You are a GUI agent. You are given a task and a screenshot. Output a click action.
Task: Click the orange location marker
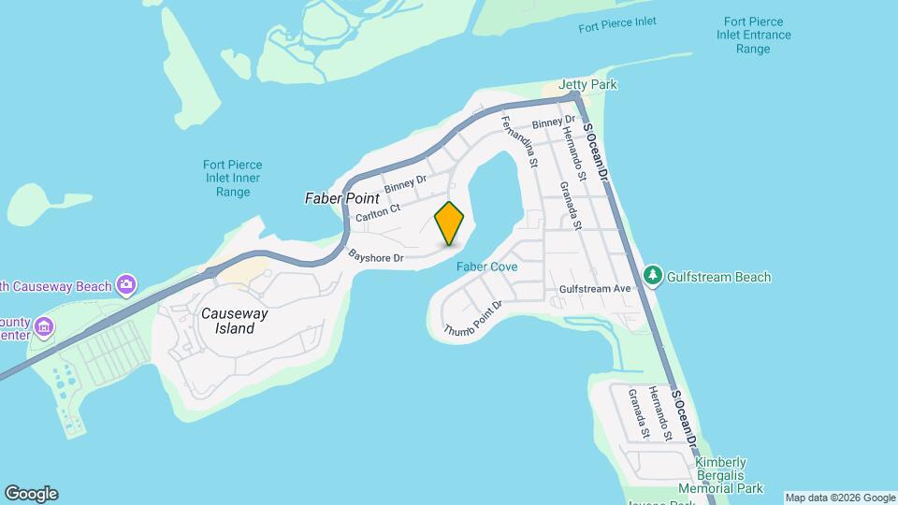pyautogui.click(x=449, y=224)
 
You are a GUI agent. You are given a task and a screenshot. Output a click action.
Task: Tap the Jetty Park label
pyautogui.click(x=588, y=85)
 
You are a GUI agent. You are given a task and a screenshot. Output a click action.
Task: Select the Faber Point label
pyautogui.click(x=342, y=198)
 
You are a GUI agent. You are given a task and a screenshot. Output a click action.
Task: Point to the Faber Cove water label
pyautogui.click(x=486, y=267)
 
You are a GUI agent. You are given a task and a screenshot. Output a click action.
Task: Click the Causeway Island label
pyautogui.click(x=234, y=321)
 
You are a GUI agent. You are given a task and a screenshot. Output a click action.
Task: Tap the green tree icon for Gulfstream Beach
pyautogui.click(x=653, y=276)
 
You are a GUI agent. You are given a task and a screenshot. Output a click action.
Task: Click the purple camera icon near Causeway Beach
pyautogui.click(x=126, y=284)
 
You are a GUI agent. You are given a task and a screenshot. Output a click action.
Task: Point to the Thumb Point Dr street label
pyautogui.click(x=473, y=319)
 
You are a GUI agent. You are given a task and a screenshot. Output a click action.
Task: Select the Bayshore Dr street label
pyautogui.click(x=375, y=255)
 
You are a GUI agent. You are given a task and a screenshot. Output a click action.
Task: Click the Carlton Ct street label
pyautogui.click(x=378, y=213)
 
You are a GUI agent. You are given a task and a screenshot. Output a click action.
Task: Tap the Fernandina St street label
pyautogui.click(x=520, y=143)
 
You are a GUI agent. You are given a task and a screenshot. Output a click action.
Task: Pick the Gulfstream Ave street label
pyautogui.click(x=595, y=290)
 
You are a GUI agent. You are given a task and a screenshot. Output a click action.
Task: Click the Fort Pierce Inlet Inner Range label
pyautogui.click(x=232, y=179)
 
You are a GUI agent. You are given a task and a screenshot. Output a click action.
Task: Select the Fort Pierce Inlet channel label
pyautogui.click(x=617, y=22)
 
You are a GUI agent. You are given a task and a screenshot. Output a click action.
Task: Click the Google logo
pyautogui.click(x=31, y=494)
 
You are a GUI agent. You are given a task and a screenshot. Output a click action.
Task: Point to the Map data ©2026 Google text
pyautogui.click(x=840, y=498)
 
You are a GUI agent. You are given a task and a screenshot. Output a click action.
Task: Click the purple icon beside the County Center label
pyautogui.click(x=44, y=326)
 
